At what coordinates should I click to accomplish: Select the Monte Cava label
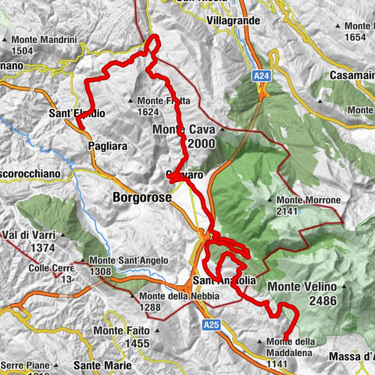[x=184, y=129]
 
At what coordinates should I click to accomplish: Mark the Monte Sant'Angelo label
[x=120, y=261]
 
